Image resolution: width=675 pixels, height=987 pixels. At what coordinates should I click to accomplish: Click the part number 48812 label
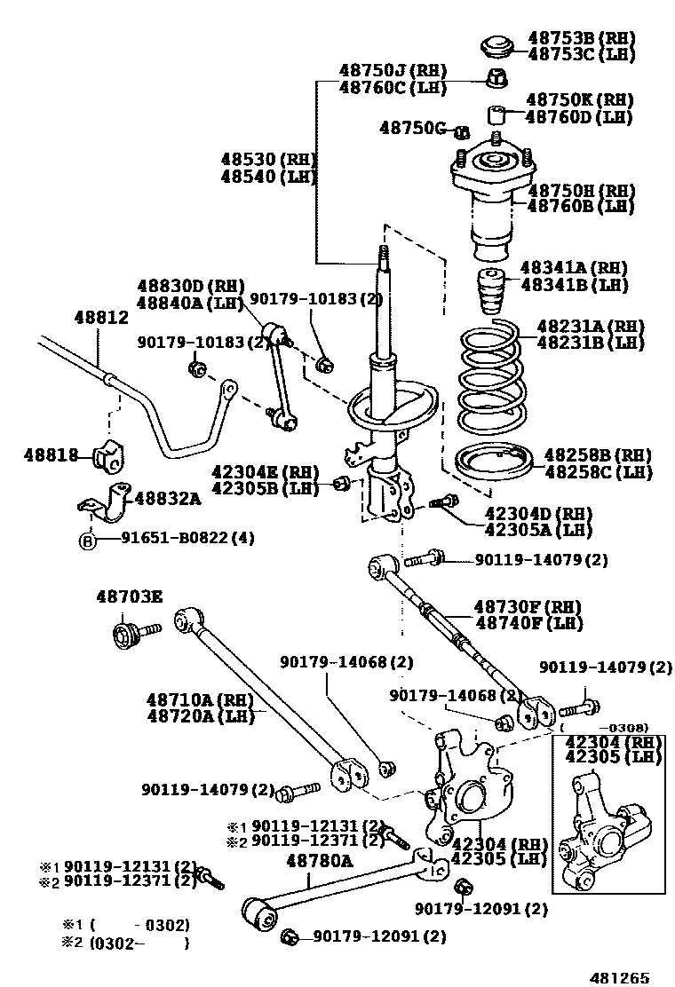(101, 317)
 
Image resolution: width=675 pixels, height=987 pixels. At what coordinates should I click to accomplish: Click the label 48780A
(319, 860)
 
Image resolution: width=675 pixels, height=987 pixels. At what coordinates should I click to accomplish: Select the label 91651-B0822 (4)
(187, 538)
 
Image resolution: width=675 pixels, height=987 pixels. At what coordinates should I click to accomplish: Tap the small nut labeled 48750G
(461, 132)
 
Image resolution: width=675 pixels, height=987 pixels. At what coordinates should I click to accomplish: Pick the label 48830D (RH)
(190, 286)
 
